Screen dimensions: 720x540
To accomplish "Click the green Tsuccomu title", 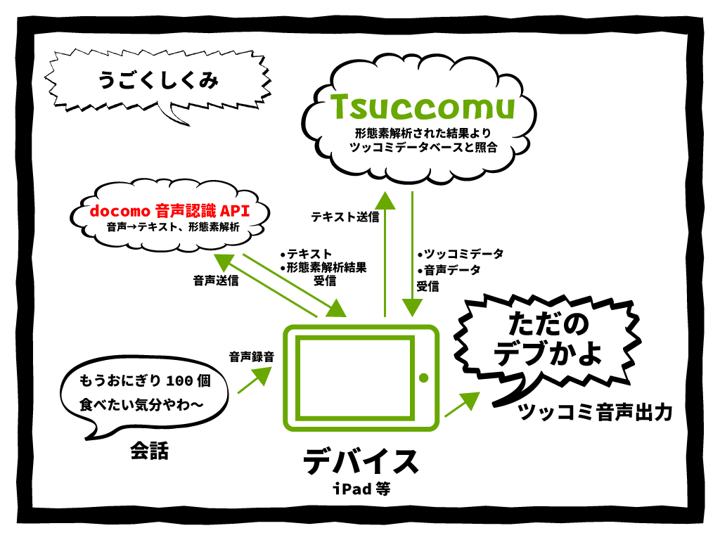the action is [423, 107].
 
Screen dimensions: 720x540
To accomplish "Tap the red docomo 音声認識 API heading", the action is [169, 210].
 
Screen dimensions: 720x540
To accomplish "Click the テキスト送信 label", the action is [345, 217].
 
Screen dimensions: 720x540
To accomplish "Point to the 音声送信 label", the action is [216, 281].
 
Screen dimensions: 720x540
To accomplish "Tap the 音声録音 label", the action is [251, 356].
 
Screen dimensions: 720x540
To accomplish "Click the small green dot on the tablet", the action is [423, 378].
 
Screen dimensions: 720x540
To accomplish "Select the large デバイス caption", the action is [361, 462].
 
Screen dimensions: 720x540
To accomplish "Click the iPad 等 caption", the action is [361, 489].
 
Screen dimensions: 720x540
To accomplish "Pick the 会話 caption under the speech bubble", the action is [149, 451].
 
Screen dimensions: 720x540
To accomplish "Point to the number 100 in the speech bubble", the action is [179, 381].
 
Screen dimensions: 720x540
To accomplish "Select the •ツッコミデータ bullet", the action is [460, 254].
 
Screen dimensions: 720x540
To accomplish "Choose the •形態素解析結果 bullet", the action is [323, 267].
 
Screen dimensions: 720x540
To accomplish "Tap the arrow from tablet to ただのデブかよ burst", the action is [460, 406].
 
